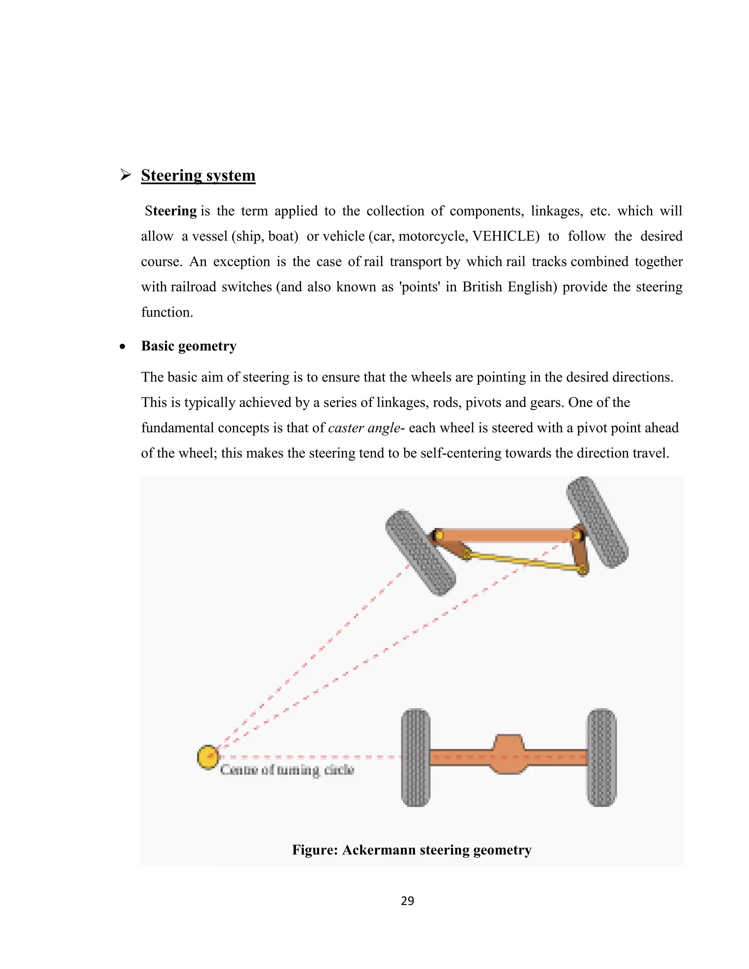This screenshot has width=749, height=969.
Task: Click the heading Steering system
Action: pyautogui.click(x=198, y=175)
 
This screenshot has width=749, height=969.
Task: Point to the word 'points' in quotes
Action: pyautogui.click(x=420, y=287)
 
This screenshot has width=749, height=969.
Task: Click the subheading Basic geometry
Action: pyautogui.click(x=189, y=346)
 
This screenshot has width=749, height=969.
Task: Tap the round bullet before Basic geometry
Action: pyautogui.click(x=123, y=347)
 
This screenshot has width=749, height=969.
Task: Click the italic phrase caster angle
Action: pyautogui.click(x=364, y=428)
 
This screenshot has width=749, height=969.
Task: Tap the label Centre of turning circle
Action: pyautogui.click(x=287, y=769)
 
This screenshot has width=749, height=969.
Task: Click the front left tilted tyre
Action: pyautogui.click(x=420, y=553)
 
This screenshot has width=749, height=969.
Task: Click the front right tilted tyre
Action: pyautogui.click(x=597, y=522)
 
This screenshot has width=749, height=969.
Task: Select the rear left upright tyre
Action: pyautogui.click(x=415, y=757)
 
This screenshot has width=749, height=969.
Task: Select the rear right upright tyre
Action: pyautogui.click(x=602, y=757)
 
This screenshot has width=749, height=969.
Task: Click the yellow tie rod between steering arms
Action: pyautogui.click(x=524, y=561)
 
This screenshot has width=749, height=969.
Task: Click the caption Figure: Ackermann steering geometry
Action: pyautogui.click(x=411, y=850)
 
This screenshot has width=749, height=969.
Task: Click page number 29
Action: pyautogui.click(x=407, y=901)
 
